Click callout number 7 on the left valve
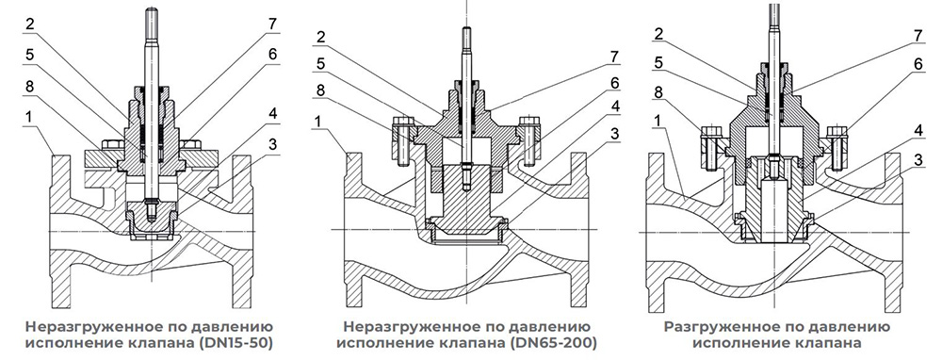(273, 25)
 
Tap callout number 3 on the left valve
(272, 143)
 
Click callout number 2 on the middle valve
(322, 37)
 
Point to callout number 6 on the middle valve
(613, 84)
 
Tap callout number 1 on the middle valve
(322, 121)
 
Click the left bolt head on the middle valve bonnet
(400, 123)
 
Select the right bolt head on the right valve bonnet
(836, 131)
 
